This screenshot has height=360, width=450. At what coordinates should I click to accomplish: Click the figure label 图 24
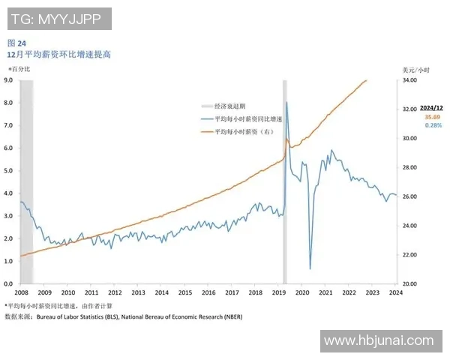point(16,43)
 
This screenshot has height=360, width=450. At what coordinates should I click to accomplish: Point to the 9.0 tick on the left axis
point(9,79)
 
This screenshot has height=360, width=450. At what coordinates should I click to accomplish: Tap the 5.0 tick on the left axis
point(9,170)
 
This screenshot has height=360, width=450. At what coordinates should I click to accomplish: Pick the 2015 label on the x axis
point(184,292)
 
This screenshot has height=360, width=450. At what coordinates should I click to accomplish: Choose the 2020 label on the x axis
point(302,292)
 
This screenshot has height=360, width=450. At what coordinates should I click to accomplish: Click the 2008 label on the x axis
point(21,292)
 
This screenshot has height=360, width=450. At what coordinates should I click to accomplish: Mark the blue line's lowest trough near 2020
point(310,268)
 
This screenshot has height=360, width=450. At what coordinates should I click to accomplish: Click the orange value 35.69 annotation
point(432,118)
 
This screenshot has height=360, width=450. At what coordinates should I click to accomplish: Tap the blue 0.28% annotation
point(433,125)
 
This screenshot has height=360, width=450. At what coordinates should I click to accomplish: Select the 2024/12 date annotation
point(433,109)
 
